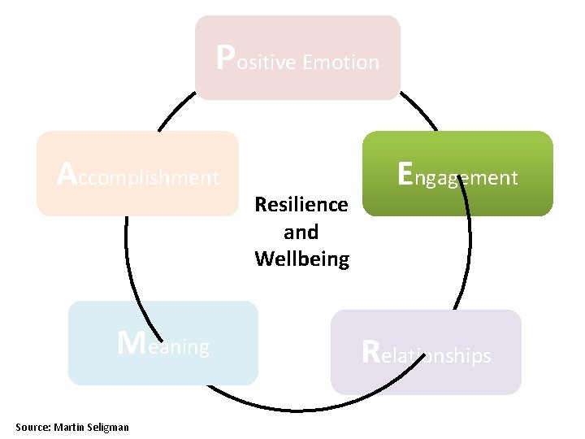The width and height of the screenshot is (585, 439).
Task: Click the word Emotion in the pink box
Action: coord(340,63)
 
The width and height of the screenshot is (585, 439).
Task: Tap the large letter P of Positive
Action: coord(227,56)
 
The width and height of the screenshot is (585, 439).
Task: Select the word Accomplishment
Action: coord(138,176)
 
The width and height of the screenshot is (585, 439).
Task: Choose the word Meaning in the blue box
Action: coord(163,346)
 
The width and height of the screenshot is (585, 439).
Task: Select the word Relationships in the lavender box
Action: coord(426,354)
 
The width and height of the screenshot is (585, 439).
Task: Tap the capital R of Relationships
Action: coord(370,352)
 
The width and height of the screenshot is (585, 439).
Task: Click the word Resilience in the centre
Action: coord(301,204)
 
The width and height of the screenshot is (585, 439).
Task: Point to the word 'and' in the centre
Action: coord(301,232)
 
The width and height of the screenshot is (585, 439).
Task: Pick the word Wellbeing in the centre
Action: coord(301,259)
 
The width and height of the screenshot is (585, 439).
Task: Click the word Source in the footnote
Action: coord(32,427)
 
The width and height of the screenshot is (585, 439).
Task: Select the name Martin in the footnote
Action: coord(69,427)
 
